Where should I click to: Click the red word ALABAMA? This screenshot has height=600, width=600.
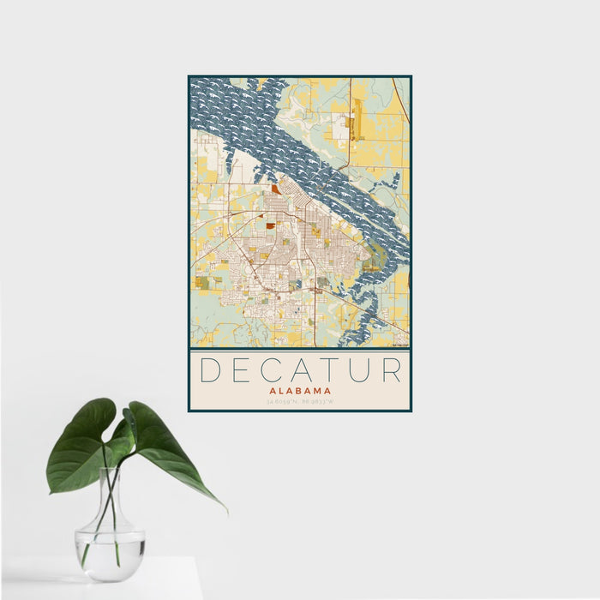point(300,391)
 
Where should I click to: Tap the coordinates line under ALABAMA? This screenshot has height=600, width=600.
point(300,401)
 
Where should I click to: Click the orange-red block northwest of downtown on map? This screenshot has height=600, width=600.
point(275,189)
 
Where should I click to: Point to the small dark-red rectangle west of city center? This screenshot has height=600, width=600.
point(270,226)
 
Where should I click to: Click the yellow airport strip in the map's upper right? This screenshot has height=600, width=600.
point(357,120)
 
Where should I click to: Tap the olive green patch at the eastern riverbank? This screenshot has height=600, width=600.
point(370,266)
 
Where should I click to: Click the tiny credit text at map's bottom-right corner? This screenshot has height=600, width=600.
point(399,345)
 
